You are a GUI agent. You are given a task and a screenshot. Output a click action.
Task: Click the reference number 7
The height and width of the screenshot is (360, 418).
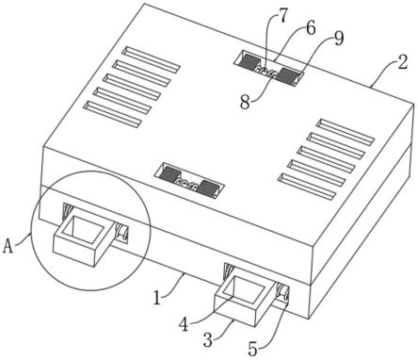tap(282, 16)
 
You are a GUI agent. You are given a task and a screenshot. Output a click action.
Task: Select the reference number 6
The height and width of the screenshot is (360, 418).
tap(310, 28)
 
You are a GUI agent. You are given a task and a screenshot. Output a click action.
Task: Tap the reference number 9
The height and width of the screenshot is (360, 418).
tap(339, 39)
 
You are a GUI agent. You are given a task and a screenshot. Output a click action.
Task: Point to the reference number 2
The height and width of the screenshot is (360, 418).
tap(403, 62)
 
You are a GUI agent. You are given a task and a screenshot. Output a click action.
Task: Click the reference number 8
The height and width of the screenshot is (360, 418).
tap(245, 102)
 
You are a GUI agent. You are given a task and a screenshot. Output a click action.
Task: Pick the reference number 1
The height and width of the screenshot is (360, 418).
tap(157, 298)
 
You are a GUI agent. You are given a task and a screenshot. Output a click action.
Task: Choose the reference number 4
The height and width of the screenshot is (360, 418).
tap(184, 324)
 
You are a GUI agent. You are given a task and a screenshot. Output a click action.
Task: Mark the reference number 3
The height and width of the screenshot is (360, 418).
tap(208, 340)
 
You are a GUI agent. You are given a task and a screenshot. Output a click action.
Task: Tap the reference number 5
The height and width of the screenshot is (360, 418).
tap(252, 349)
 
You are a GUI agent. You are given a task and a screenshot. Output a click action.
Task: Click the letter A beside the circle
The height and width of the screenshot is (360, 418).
tap(8, 246)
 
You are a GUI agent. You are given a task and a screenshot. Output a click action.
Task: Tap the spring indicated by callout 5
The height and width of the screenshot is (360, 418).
tap(281, 292)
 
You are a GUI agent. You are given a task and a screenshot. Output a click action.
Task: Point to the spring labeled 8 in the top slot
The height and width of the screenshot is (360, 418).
tap(266, 72)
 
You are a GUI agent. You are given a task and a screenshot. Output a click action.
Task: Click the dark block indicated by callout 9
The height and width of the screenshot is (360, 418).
tap(288, 76)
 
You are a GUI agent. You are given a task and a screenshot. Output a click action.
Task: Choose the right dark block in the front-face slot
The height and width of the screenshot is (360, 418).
tap(208, 188)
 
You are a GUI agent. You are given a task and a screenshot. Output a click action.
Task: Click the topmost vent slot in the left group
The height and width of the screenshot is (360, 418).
tap(151, 59)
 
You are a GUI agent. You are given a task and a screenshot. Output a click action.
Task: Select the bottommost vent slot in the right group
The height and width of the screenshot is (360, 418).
tap(307, 187)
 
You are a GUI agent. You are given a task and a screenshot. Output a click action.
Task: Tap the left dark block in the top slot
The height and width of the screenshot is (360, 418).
tap(249, 62)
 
